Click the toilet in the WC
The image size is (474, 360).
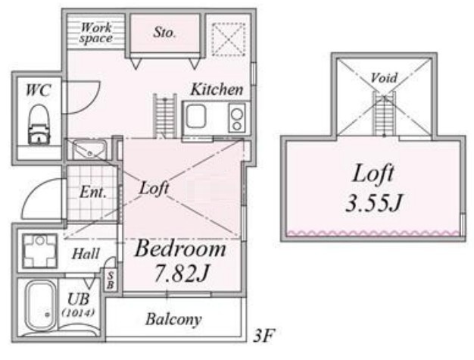pyautogui.click(x=39, y=124)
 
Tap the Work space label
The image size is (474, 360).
pyautogui.click(x=96, y=33)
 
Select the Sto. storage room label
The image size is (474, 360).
pyautogui.click(x=164, y=32)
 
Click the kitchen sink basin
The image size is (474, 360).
pyautogui.click(x=196, y=116)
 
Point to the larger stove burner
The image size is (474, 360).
pyautogui.click(x=237, y=114)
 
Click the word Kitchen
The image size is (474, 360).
pyautogui.click(x=217, y=89)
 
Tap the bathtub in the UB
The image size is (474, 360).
pyautogui.click(x=40, y=306)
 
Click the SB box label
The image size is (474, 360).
pyautogui.click(x=111, y=280)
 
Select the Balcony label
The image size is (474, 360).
pyautogui.click(x=173, y=320)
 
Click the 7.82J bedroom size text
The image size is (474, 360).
pyautogui.click(x=182, y=273)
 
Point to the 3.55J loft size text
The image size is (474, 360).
pyautogui.click(x=373, y=202)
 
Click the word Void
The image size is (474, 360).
pyautogui.click(x=384, y=78)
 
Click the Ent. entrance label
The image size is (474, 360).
pyautogui.click(x=93, y=193)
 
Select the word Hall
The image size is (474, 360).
pyautogui.click(x=86, y=254)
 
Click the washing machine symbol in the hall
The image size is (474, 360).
pyautogui.click(x=40, y=251)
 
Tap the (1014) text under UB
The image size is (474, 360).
pyautogui.click(x=78, y=312)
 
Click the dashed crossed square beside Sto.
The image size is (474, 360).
pyautogui.click(x=229, y=39)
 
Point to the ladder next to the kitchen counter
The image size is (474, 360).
pyautogui.click(x=165, y=116)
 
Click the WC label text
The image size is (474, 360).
pyautogui.click(x=38, y=90)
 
